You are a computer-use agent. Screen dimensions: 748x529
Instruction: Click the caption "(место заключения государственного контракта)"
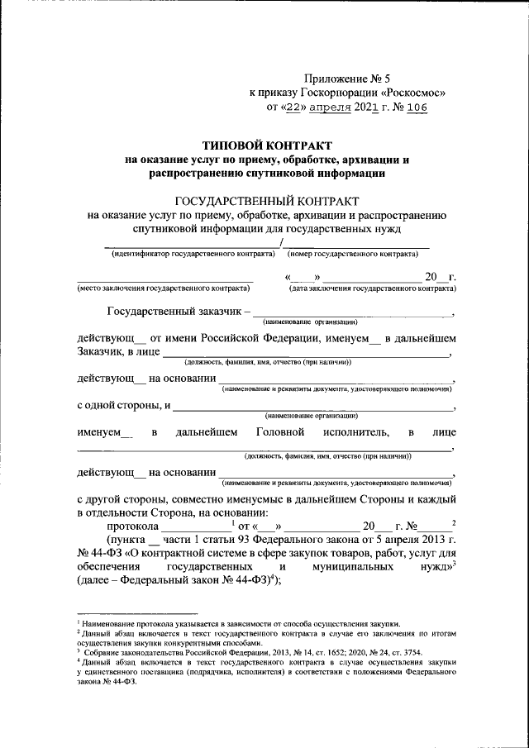click(163, 289)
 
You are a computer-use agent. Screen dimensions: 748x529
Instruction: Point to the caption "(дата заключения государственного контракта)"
click(371, 289)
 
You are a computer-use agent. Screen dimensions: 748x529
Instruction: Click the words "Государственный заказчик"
click(174, 312)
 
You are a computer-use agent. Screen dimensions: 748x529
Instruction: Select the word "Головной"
click(281, 432)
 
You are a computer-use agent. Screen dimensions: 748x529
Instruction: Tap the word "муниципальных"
click(350, 569)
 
